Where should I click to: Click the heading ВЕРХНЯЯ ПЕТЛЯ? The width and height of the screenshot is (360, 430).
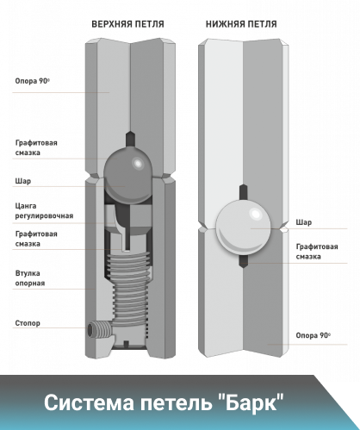(127, 24)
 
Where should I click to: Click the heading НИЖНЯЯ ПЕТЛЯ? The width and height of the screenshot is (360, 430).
(241, 24)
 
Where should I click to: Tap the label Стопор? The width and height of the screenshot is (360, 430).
(28, 323)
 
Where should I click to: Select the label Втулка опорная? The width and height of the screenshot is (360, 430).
(30, 278)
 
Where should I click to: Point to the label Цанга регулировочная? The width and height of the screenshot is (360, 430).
(44, 211)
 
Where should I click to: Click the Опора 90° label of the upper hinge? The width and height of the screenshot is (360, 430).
(32, 81)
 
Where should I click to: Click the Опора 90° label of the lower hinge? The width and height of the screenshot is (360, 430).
(313, 335)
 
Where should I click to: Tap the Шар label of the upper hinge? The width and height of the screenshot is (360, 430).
(23, 181)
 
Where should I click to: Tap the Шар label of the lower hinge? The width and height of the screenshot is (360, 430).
(304, 222)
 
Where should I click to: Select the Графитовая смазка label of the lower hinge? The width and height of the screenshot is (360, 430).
(317, 252)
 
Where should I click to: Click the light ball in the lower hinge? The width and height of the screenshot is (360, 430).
(243, 228)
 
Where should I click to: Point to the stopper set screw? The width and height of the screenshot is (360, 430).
(98, 330)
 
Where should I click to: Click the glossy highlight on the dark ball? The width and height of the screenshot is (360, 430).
(138, 164)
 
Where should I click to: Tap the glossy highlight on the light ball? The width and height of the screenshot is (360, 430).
(256, 214)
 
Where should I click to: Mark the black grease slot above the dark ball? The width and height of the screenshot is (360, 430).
(130, 140)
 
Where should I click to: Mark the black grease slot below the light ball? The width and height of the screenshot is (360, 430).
(243, 262)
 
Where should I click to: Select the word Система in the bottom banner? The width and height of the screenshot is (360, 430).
(89, 402)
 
